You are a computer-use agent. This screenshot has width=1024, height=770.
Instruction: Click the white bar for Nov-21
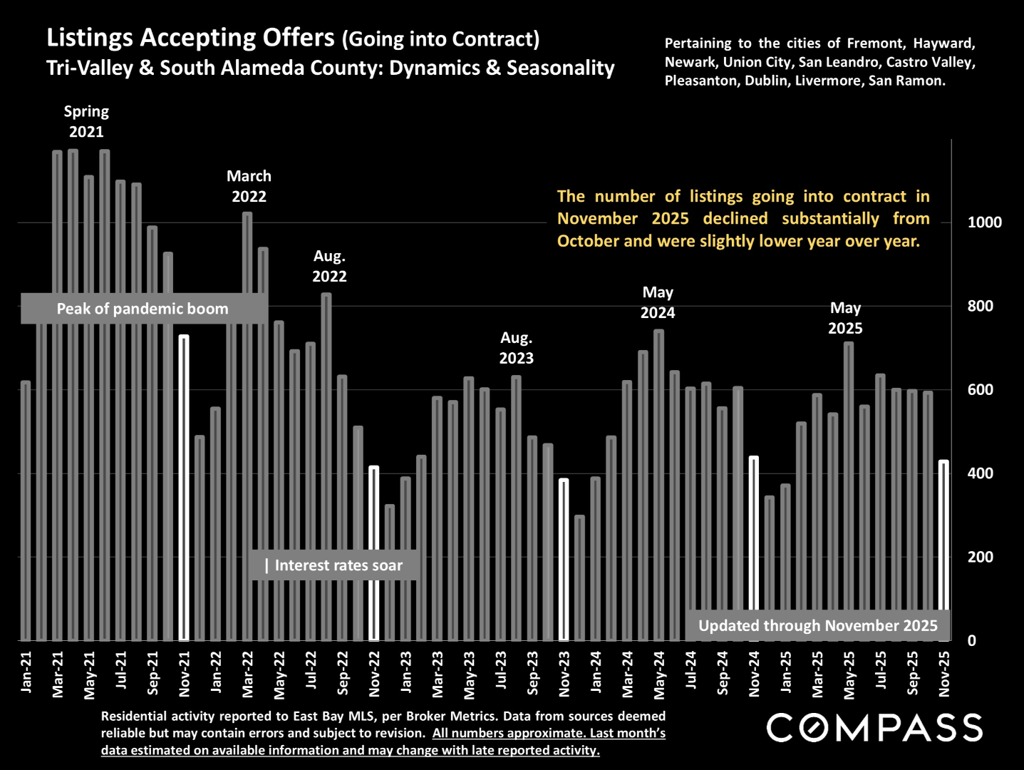pos(184,488)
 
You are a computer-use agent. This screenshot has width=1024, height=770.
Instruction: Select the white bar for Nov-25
pos(943,550)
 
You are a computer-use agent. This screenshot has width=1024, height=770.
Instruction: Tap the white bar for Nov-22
pos(373,553)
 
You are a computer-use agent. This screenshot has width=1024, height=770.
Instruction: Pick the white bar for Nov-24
pos(754,548)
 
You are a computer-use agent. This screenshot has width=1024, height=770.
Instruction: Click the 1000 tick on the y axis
pos(984,222)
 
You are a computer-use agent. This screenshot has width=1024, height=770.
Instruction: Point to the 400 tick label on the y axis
pos(980,473)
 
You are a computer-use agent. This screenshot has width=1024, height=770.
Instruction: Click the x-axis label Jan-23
pos(406,672)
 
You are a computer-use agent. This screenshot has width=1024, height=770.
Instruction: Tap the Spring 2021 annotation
pos(86,121)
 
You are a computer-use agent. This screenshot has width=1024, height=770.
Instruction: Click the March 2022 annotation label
pos(249,186)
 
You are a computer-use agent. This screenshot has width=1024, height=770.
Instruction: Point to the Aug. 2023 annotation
pos(516,348)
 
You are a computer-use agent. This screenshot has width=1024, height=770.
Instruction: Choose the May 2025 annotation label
pos(845,318)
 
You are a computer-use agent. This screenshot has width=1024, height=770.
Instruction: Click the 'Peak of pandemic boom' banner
pos(143,309)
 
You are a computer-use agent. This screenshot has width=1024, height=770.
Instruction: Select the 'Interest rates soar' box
pos(333,565)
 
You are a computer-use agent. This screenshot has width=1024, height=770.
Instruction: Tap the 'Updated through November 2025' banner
pos(817,626)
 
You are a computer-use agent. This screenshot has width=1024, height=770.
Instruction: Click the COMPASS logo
pos(874,728)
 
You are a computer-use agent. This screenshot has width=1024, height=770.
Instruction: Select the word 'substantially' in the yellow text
pos(830,218)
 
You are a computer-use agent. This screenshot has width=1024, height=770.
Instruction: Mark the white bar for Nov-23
pos(564,560)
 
